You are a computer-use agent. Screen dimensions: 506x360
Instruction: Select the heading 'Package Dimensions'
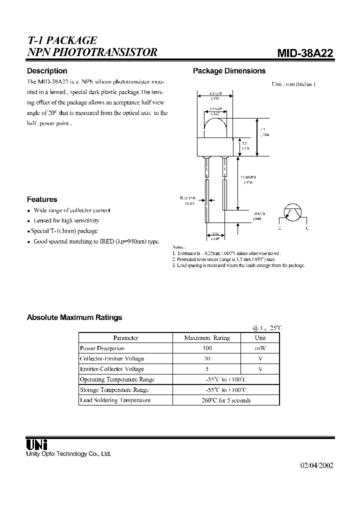(x=229, y=71)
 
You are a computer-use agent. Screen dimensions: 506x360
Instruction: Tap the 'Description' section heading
(x=47, y=71)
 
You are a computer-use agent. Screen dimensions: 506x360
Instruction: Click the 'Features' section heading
(x=42, y=199)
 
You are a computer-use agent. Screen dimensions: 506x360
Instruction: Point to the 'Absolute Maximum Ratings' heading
(x=74, y=317)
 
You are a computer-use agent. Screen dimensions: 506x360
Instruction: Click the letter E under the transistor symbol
(x=279, y=228)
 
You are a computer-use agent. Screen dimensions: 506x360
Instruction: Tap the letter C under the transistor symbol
(x=307, y=228)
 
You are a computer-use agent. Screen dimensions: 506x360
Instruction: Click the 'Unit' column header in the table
(x=260, y=338)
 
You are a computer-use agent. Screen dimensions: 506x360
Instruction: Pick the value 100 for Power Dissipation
(x=207, y=348)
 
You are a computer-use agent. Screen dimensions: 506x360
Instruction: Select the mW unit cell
(x=260, y=348)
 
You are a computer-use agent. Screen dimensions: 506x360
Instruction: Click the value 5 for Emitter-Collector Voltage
(x=207, y=369)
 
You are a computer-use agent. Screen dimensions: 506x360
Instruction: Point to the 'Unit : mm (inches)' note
(x=293, y=84)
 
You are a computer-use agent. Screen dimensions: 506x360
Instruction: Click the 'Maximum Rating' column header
(x=207, y=338)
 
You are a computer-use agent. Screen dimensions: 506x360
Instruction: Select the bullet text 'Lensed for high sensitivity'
(x=66, y=220)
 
